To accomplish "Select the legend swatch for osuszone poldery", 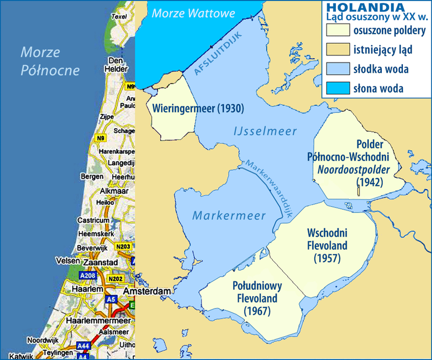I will [335, 30].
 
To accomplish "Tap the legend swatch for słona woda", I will [335, 88].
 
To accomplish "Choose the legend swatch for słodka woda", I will [335, 69].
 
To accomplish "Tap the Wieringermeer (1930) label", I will [199, 108].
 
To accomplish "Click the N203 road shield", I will [123, 247].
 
